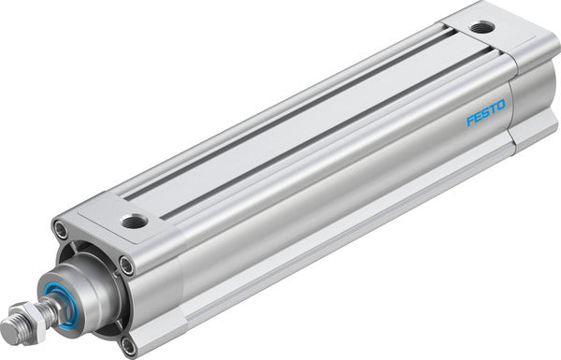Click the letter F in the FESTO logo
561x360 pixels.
click(x=469, y=122)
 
